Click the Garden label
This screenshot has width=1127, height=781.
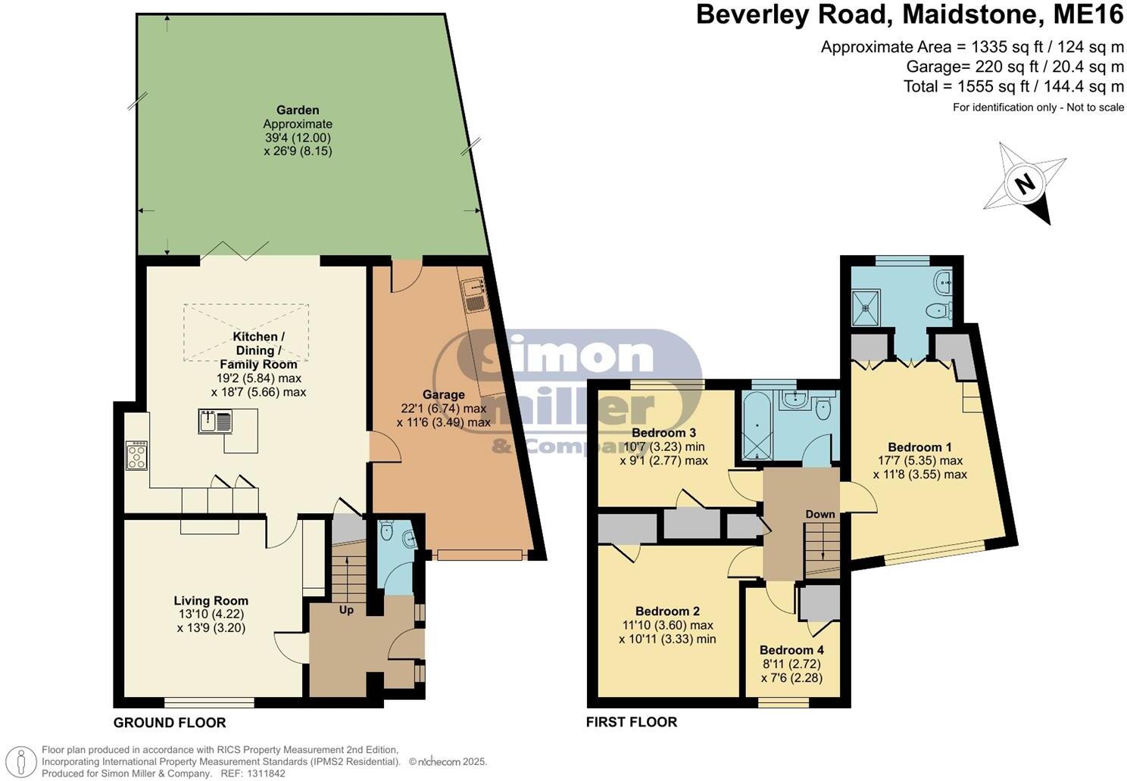point(298,110)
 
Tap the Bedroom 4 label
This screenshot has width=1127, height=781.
point(792,650)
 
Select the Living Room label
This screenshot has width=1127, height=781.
point(211,601)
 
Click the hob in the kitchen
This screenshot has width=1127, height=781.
point(137,456)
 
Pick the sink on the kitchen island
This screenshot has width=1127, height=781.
point(215,422)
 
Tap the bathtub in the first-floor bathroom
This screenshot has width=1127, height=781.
point(757,426)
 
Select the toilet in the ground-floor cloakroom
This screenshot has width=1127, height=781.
point(387,531)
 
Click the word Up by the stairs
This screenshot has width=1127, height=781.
point(346,610)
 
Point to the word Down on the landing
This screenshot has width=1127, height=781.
point(820,514)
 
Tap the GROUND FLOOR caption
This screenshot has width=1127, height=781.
point(170,723)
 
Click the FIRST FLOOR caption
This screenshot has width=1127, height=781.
point(632,722)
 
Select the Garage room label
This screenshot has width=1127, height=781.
point(443,394)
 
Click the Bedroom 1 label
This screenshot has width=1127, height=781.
point(919,447)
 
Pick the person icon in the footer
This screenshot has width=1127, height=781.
point(20,762)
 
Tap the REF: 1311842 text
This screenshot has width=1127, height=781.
point(253,773)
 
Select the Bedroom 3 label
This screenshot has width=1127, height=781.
point(663,432)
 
